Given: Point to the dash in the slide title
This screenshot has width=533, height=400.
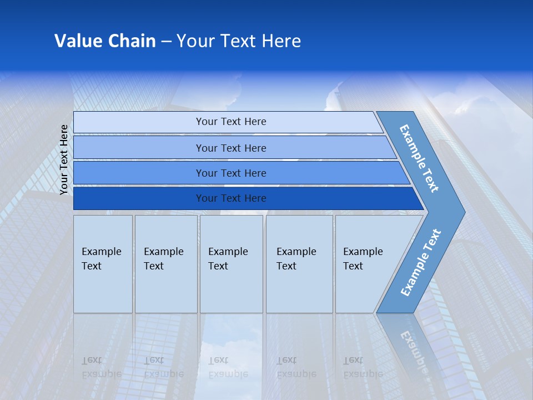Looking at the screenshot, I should pyautogui.click(x=166, y=42).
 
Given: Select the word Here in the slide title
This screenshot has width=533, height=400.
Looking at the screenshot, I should pyautogui.click(x=281, y=41).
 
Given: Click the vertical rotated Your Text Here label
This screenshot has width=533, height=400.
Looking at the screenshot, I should pyautogui.click(x=64, y=159).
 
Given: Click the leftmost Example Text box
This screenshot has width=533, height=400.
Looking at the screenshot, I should pyautogui.click(x=103, y=263).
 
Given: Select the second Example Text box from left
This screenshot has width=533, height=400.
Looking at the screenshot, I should pyautogui.click(x=165, y=263).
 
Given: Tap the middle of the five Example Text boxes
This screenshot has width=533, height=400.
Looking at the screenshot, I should pyautogui.click(x=231, y=263).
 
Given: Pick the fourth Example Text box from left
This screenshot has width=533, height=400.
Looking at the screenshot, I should pyautogui.click(x=299, y=263).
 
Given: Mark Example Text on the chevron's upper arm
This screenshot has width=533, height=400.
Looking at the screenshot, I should pyautogui.click(x=419, y=158).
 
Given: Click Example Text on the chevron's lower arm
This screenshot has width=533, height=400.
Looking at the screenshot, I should pyautogui.click(x=420, y=263).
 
